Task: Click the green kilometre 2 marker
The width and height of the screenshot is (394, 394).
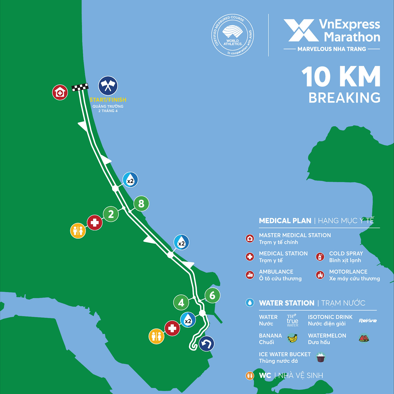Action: coord(111,214)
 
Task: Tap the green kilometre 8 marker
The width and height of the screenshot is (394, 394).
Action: coord(141,204)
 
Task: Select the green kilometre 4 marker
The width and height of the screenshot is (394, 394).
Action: coord(181,303)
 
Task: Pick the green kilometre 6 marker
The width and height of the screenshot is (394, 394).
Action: coord(212,295)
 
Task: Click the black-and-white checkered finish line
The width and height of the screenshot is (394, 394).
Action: coord(80,87)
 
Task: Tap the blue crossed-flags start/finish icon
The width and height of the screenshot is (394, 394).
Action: coord(108,86)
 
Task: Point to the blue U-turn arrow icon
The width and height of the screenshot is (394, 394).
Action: coord(206,344)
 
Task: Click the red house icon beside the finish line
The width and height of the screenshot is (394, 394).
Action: coord(60,92)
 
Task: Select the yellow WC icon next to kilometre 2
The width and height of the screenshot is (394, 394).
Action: coord(78,230)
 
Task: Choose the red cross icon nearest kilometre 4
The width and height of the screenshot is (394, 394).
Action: coord(172,328)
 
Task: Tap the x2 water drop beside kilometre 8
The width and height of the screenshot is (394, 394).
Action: coord(130,180)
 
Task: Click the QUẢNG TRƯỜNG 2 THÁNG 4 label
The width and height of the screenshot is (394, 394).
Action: coord(108,108)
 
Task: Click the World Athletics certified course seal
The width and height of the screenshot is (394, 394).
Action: coord(233,35)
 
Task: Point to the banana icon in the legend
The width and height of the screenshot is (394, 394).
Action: coord(292,339)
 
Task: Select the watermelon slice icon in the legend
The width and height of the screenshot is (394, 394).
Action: coord(364,338)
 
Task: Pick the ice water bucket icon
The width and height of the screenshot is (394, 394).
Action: coord(321,357)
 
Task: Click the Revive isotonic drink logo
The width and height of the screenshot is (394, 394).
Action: coord(368,321)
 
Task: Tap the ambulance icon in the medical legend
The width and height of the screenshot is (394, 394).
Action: coord(250,275)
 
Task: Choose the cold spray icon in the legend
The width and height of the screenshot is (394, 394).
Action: coord(320,257)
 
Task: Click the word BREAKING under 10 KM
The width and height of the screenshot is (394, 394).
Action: coord(344,98)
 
